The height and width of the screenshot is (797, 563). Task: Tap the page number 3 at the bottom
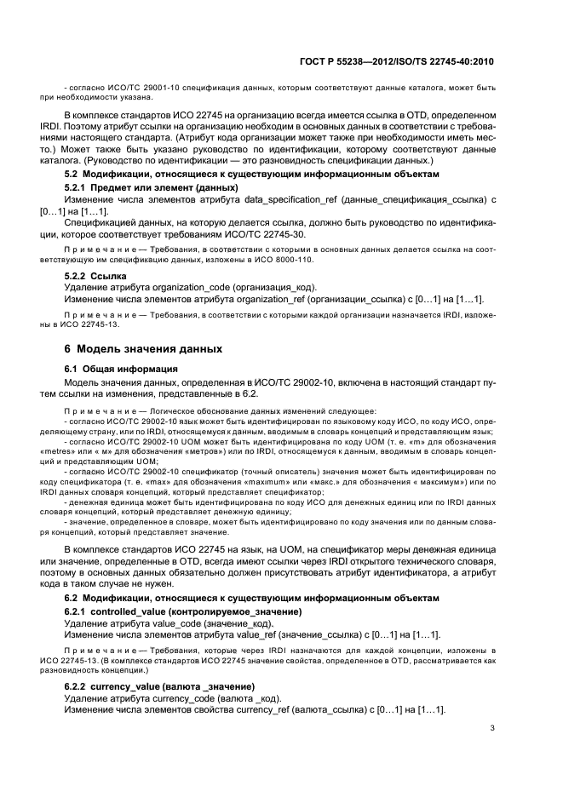[x=491, y=727]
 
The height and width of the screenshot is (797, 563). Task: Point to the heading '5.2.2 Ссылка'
[x=95, y=277]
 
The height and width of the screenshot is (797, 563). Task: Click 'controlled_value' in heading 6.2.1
[x=130, y=611]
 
